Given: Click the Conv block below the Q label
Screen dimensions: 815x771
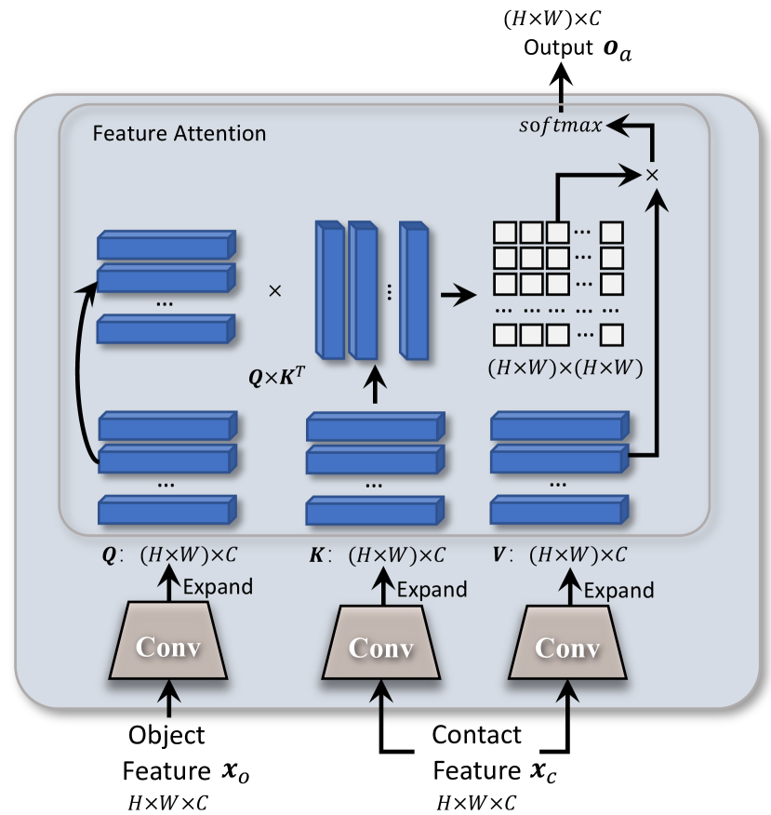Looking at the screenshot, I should [168, 643].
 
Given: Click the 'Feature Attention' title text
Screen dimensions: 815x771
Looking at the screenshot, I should [179, 134].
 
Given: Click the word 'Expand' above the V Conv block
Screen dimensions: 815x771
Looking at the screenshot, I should [618, 590].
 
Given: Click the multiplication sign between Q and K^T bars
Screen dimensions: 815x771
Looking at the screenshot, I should [274, 291].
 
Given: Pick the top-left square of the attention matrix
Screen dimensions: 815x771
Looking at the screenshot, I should [503, 230].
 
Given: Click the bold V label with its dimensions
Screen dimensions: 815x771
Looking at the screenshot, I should [559, 555].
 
